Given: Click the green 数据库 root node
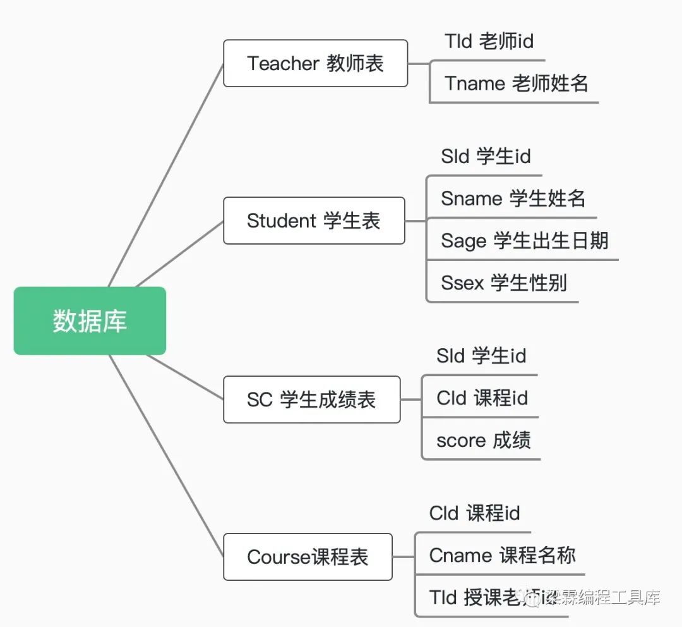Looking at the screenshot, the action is click(90, 320).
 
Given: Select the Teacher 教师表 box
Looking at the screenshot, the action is click(315, 63).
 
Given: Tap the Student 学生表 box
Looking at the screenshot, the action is click(314, 221).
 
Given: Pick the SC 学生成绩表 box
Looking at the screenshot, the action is click(311, 399).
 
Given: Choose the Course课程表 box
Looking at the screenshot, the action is click(308, 557).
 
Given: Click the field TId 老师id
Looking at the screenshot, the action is click(489, 42).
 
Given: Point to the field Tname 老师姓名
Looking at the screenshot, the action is click(516, 83).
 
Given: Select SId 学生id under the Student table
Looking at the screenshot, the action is click(486, 156).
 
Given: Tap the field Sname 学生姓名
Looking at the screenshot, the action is click(513, 198).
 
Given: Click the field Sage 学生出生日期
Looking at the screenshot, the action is click(524, 240).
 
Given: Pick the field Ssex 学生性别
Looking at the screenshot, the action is click(503, 283).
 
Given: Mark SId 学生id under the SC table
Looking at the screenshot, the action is click(481, 356).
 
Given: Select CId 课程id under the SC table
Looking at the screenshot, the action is click(482, 398).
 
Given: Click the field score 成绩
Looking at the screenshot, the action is click(483, 440).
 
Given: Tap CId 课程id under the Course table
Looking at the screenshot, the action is click(474, 513).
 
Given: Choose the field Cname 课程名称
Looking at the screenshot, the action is click(502, 556).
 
